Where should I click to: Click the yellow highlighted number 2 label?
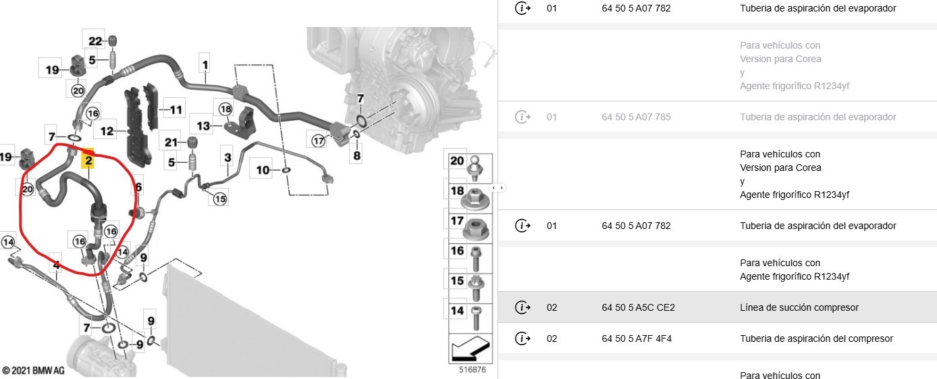[88, 161]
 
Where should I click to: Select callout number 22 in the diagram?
[95, 41]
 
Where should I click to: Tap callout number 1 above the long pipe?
[204, 65]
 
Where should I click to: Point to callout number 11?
[176, 110]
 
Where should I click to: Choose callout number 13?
[203, 126]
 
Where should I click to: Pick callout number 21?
[171, 142]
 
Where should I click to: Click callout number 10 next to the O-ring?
[262, 169]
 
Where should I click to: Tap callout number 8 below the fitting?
[357, 155]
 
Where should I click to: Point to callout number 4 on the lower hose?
[57, 266]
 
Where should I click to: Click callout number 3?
[227, 158]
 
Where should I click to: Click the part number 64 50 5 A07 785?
[636, 117]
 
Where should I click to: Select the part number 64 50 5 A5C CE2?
[638, 307]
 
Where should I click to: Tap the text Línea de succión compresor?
[799, 307]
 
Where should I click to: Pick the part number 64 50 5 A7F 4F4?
[637, 338]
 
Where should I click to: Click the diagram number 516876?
[472, 370]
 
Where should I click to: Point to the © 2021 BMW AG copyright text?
[34, 370]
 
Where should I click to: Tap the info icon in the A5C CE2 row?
[523, 307]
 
